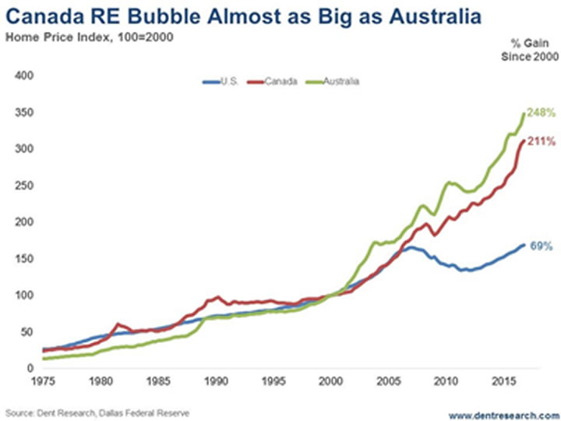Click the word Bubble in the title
tap(168, 16)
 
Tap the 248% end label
tap(542, 113)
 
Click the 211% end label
tap(542, 141)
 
